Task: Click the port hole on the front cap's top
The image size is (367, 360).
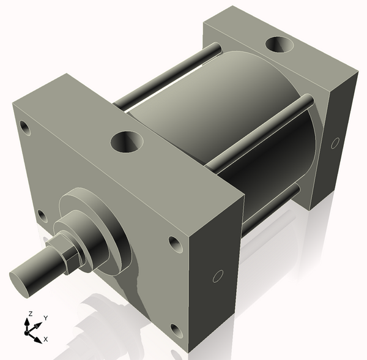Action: click(x=127, y=143)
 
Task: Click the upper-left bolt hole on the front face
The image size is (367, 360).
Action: click(x=25, y=128)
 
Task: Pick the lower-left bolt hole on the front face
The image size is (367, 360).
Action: click(x=42, y=216)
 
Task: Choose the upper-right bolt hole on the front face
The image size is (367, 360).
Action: click(x=174, y=244)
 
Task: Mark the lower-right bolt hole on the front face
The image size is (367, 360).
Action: click(x=177, y=331)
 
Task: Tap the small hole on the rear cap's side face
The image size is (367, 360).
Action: click(x=335, y=143)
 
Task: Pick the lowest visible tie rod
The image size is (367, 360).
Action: click(x=269, y=208)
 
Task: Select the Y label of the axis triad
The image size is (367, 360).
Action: click(x=45, y=318)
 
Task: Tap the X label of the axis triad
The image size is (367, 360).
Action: click(x=46, y=339)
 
